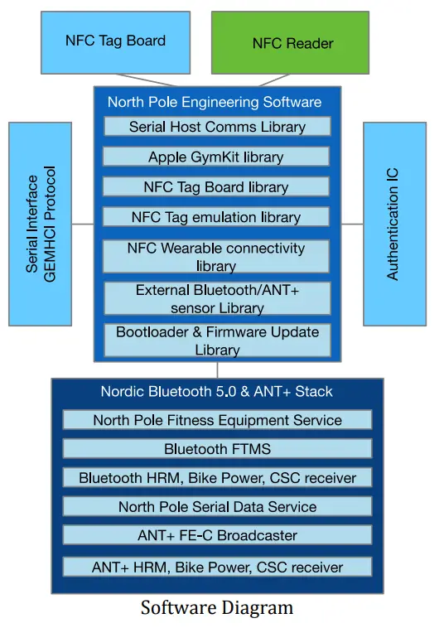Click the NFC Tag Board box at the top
click(x=115, y=41)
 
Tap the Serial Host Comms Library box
click(x=217, y=127)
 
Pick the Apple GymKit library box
click(x=216, y=157)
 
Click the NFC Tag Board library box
click(x=216, y=187)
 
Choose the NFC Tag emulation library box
click(x=216, y=217)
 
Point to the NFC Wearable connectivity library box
click(x=216, y=257)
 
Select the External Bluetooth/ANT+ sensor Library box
click(x=216, y=299)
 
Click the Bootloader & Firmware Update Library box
click(x=217, y=341)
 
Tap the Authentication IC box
click(x=394, y=224)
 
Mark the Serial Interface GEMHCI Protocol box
click(x=41, y=224)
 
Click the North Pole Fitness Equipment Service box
click(x=217, y=420)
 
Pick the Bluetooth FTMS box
click(x=217, y=449)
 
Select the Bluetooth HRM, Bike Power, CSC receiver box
click(x=217, y=478)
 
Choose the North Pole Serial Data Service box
click(x=217, y=507)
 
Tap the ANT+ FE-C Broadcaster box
click(x=217, y=535)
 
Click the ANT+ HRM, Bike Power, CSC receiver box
click(x=217, y=568)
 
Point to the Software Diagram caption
click(x=217, y=608)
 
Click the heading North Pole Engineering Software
click(x=215, y=103)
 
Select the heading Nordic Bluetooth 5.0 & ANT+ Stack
click(x=217, y=391)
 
